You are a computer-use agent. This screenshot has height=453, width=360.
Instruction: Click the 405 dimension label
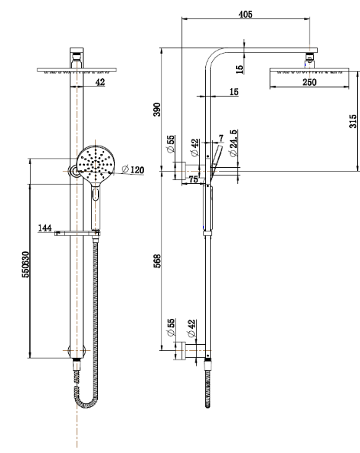coord(245,14)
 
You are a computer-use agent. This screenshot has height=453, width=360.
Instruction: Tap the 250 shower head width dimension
coord(309,82)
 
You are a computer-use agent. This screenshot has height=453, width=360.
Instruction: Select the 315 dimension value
coord(353,121)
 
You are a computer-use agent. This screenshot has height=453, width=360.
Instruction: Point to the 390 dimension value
coord(157,109)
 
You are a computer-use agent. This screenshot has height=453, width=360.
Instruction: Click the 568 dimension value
coord(157,261)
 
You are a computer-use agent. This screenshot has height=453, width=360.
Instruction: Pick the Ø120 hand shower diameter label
coord(133,169)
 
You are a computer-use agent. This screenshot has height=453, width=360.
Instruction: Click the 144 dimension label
coord(45,228)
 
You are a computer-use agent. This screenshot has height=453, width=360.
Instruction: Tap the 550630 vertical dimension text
coord(26,264)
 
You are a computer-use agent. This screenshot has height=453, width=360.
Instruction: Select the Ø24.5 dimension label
coord(234,143)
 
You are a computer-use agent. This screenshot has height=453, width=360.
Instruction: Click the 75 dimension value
coord(194,179)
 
